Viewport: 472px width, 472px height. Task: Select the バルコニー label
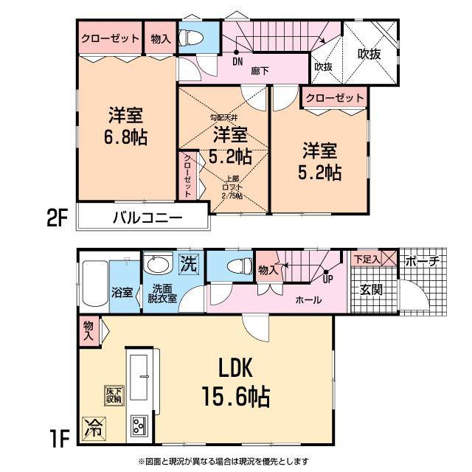[147, 218]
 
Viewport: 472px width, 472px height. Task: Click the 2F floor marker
[58, 218]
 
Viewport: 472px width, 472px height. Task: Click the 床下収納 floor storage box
[113, 395]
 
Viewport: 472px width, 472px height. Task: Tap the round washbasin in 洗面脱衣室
[156, 264]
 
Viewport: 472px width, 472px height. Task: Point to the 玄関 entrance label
[371, 290]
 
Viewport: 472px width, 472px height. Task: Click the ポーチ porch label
[423, 260]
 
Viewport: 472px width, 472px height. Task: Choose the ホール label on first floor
[307, 300]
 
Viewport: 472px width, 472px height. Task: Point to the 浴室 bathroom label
[122, 292]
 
